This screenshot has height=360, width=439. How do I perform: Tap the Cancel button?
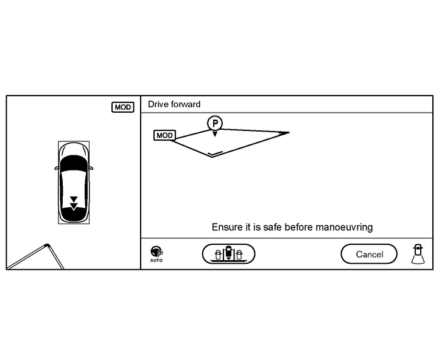click(x=369, y=254)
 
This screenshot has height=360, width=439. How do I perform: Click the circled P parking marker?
click(x=214, y=123)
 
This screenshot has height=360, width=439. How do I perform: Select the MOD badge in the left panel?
click(x=122, y=107)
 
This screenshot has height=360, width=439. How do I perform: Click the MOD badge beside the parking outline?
click(x=164, y=135)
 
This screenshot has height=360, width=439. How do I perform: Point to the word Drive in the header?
click(x=158, y=105)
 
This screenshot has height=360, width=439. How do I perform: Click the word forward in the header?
click(x=186, y=105)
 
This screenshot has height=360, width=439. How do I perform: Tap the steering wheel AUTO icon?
click(x=156, y=253)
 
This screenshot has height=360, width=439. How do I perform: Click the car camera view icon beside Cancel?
click(x=417, y=253)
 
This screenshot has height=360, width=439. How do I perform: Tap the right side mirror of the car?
click(x=91, y=168)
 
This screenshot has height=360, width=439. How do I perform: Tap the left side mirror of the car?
click(x=57, y=168)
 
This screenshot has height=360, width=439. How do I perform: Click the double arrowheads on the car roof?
click(x=74, y=202)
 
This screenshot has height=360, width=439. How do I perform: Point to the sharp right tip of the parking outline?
click(x=289, y=132)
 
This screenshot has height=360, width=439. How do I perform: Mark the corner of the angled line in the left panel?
click(x=46, y=245)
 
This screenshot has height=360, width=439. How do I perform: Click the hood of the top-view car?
click(x=74, y=150)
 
